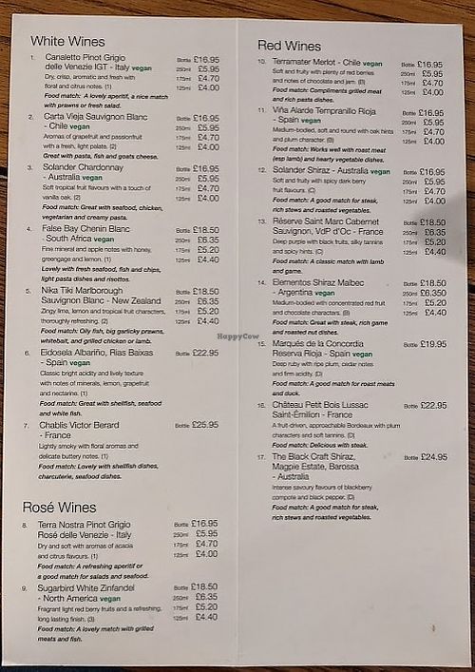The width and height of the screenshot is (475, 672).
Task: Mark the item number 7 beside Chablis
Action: [x=27, y=425]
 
